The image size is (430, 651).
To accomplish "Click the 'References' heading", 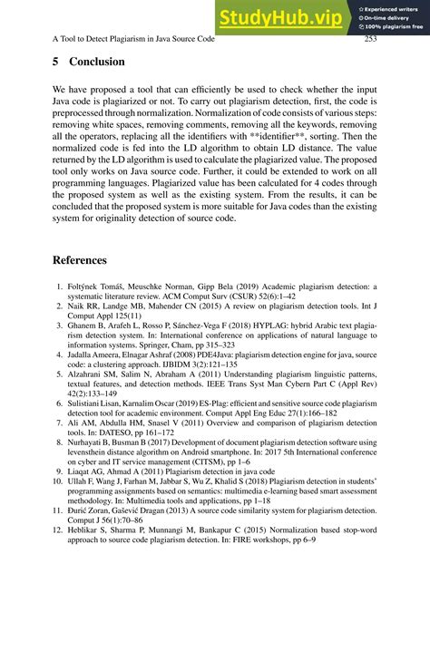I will click(x=80, y=260).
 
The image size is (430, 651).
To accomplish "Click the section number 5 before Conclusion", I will click(x=56, y=63).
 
